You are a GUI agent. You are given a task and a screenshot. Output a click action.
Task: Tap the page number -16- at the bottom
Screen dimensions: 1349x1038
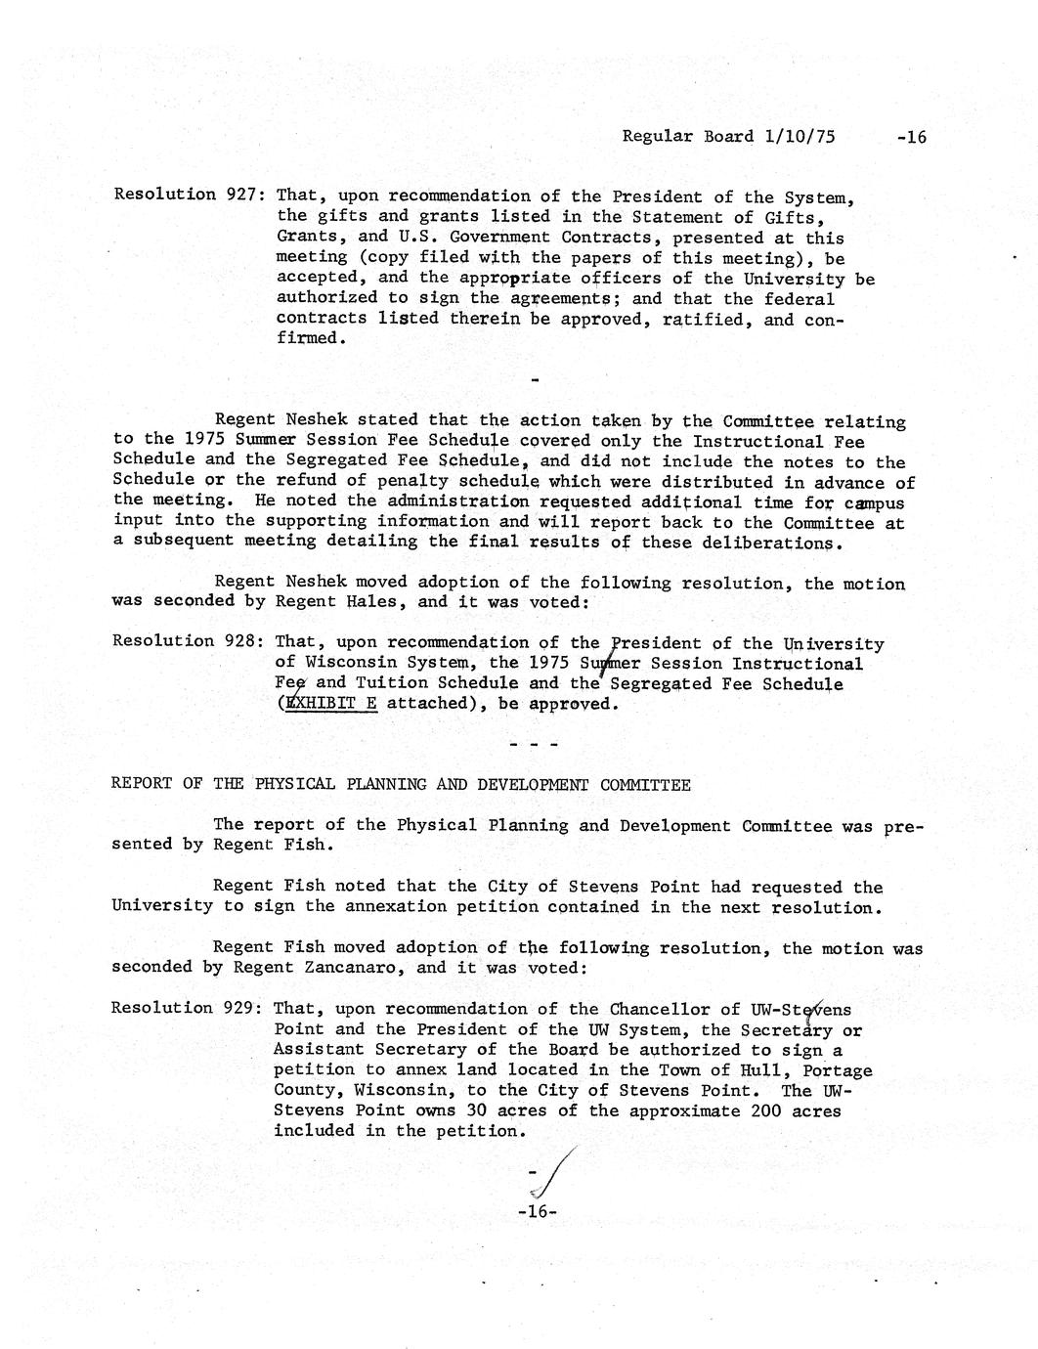coord(537,1211)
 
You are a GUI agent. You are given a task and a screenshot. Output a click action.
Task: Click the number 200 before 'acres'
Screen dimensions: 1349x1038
coord(767,1110)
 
